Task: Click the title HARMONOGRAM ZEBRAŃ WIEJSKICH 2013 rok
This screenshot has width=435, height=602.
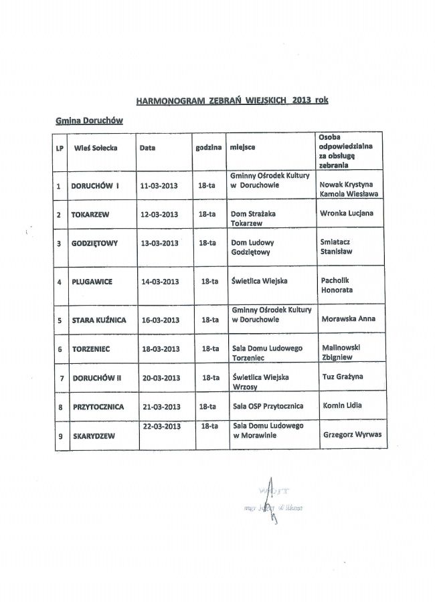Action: click(x=232, y=101)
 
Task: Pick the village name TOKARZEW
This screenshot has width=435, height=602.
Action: click(x=90, y=215)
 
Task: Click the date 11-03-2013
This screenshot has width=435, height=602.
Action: click(x=159, y=185)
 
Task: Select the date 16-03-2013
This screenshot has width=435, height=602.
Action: click(x=161, y=320)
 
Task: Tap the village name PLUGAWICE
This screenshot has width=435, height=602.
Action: click(x=92, y=282)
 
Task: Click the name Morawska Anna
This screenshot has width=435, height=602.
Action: click(x=349, y=318)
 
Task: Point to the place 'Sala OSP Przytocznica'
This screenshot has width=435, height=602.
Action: click(x=268, y=406)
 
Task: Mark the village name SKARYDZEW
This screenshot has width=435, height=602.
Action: click(x=93, y=436)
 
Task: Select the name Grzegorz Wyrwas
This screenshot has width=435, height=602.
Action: click(x=352, y=433)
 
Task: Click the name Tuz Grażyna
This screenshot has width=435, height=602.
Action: click(x=343, y=377)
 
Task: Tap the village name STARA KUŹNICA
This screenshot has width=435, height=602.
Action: click(x=98, y=320)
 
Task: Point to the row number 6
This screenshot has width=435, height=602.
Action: click(x=60, y=349)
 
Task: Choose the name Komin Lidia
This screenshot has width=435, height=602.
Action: click(x=343, y=405)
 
